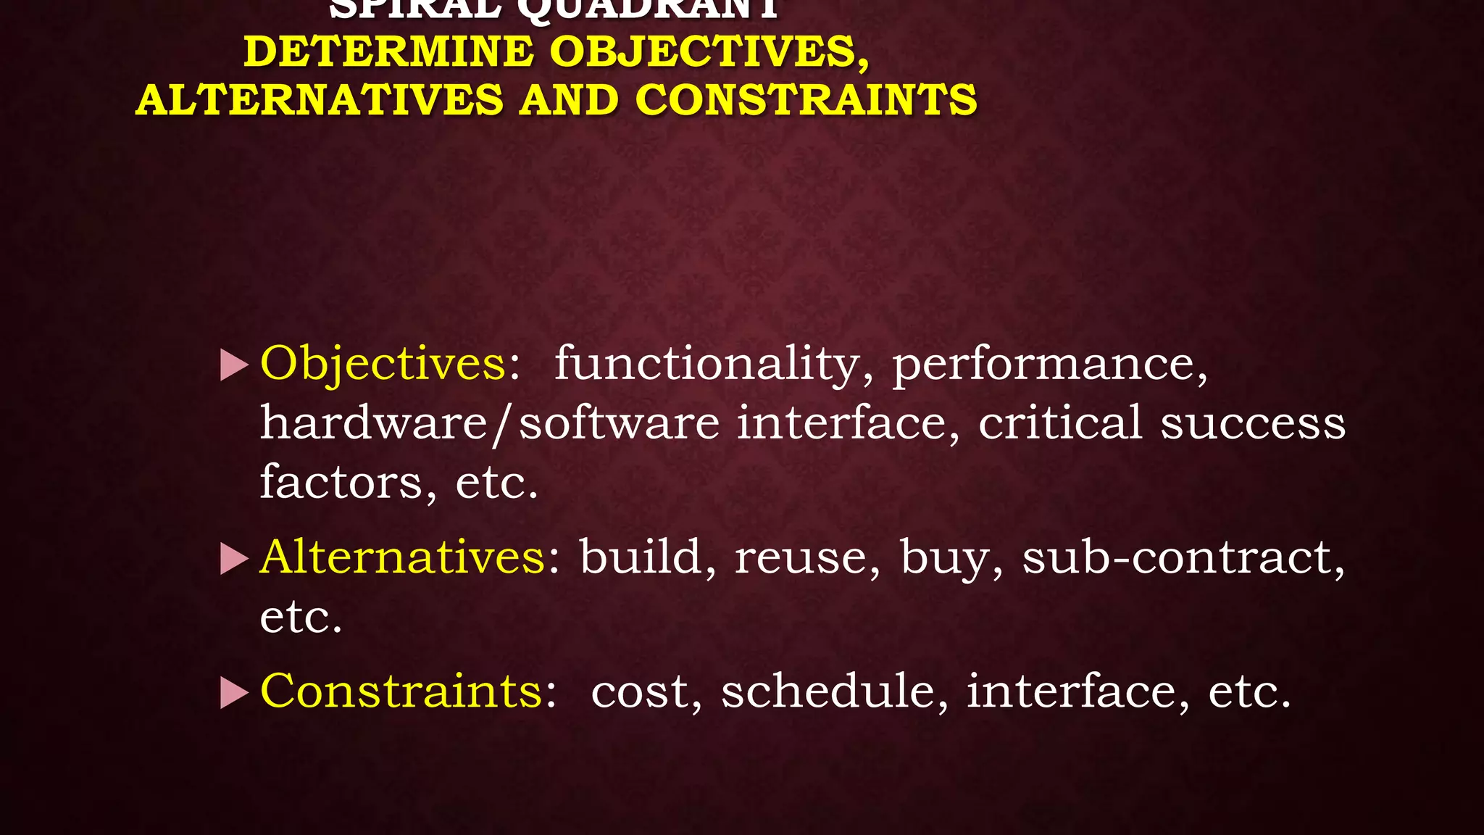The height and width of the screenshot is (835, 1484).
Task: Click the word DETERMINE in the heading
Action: click(x=388, y=52)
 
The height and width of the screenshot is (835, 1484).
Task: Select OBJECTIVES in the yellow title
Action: click(x=709, y=52)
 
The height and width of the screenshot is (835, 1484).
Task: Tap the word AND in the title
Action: click(x=569, y=100)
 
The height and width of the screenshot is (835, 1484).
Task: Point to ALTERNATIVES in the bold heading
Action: click(x=319, y=100)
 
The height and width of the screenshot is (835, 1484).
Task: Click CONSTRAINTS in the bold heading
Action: click(x=806, y=100)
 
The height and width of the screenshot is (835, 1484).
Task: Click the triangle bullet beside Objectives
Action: click(x=233, y=365)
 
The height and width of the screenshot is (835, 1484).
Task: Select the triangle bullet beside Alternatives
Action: click(x=233, y=559)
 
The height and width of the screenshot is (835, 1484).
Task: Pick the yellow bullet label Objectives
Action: click(x=383, y=363)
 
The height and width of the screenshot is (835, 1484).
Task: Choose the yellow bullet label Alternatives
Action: click(x=403, y=557)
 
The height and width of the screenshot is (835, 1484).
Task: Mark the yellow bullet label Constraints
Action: click(x=401, y=691)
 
